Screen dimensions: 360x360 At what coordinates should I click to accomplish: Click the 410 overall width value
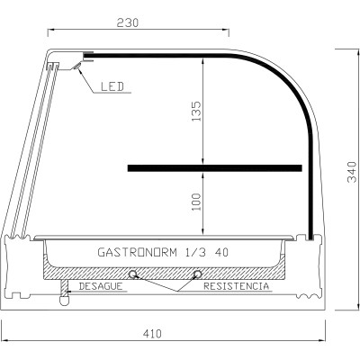152,333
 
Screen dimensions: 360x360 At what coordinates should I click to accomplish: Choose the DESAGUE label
101,285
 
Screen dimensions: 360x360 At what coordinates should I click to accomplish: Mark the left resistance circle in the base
132,274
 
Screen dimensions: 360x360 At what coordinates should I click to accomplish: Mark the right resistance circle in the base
198,274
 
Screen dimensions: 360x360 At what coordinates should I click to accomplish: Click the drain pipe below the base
65,292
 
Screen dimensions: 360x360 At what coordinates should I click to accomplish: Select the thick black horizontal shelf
214,167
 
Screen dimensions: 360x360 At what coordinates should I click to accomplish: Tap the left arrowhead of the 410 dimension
4,342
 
